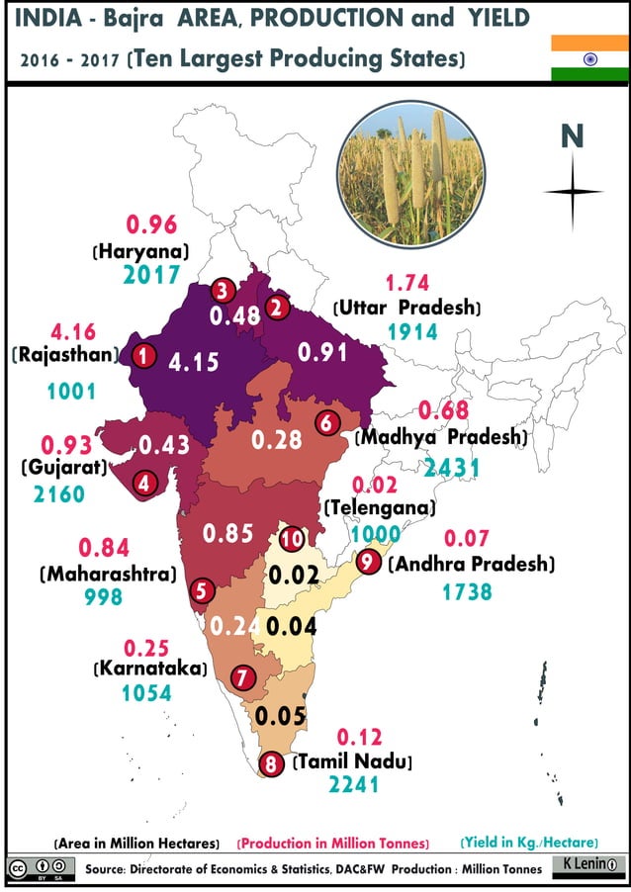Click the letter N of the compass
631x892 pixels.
(x=572, y=136)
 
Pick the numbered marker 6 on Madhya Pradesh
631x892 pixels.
(x=327, y=422)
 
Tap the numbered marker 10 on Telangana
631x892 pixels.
(x=292, y=539)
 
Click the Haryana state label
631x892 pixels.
(x=141, y=251)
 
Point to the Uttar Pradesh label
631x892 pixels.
(x=406, y=308)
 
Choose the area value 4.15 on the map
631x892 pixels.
(x=193, y=361)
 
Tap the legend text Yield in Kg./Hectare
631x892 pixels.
(x=529, y=843)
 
